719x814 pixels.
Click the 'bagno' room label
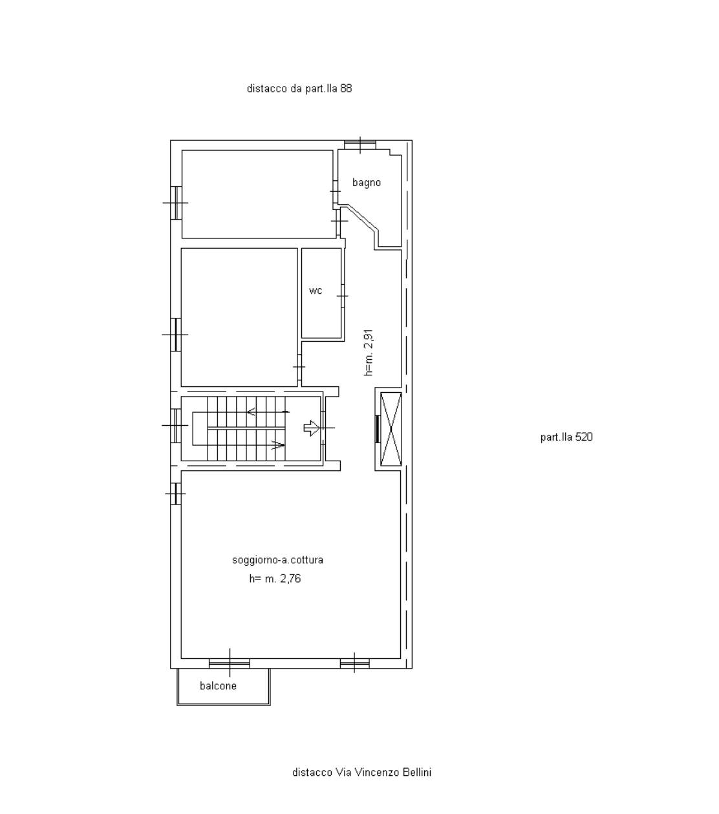[367, 183]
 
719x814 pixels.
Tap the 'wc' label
[316, 291]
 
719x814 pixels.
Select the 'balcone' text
[218, 686]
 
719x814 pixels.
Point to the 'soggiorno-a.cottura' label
[277, 560]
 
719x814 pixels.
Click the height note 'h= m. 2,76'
[275, 579]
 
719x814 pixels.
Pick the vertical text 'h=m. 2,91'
[369, 352]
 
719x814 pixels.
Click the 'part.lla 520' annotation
[566, 437]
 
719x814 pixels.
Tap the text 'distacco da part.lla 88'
[299, 89]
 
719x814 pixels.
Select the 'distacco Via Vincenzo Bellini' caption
[361, 772]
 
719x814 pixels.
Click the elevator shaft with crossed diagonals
[391, 429]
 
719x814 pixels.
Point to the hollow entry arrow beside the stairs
[312, 428]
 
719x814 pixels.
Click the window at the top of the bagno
[360, 145]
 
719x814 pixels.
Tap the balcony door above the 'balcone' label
[230, 663]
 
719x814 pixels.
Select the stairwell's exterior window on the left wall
[176, 426]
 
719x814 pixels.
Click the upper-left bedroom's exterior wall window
[176, 203]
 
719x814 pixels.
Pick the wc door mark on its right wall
[343, 296]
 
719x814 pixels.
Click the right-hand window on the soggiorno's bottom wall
[354, 663]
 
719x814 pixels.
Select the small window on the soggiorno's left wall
[176, 494]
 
